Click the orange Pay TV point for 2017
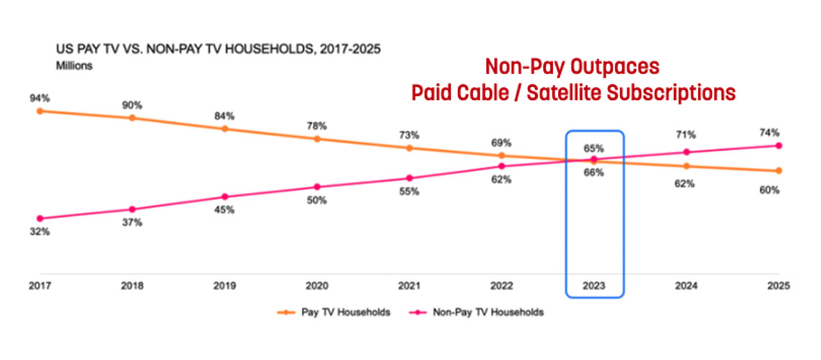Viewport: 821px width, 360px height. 40,111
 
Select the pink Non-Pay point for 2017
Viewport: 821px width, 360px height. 40,218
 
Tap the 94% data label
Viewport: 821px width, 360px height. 39,98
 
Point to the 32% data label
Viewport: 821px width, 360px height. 39,233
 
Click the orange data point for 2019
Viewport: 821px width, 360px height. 225,129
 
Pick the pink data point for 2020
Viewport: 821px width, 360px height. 317,186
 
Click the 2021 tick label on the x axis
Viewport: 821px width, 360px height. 409,285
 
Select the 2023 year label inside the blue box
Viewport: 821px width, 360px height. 594,285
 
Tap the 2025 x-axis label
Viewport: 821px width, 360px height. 779,285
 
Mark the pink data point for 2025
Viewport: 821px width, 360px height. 779,145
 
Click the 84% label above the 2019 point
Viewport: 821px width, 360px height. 225,116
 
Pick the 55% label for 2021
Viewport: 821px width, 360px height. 409,192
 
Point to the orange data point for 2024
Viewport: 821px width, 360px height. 686,166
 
